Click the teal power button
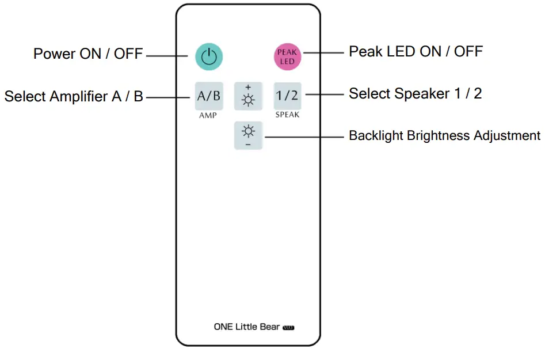[209, 56]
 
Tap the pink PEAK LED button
[287, 56]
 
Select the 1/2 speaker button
[287, 96]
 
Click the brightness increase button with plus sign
[248, 96]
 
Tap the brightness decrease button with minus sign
[248, 135]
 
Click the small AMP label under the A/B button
[208, 115]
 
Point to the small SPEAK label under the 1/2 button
[287, 115]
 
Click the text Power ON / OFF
[88, 54]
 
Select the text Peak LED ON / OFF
[416, 52]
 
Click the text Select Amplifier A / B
[74, 96]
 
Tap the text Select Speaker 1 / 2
[415, 93]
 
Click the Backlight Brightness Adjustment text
[444, 136]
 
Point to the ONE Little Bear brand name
[247, 327]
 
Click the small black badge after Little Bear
[289, 328]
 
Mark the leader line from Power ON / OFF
[169, 56]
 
